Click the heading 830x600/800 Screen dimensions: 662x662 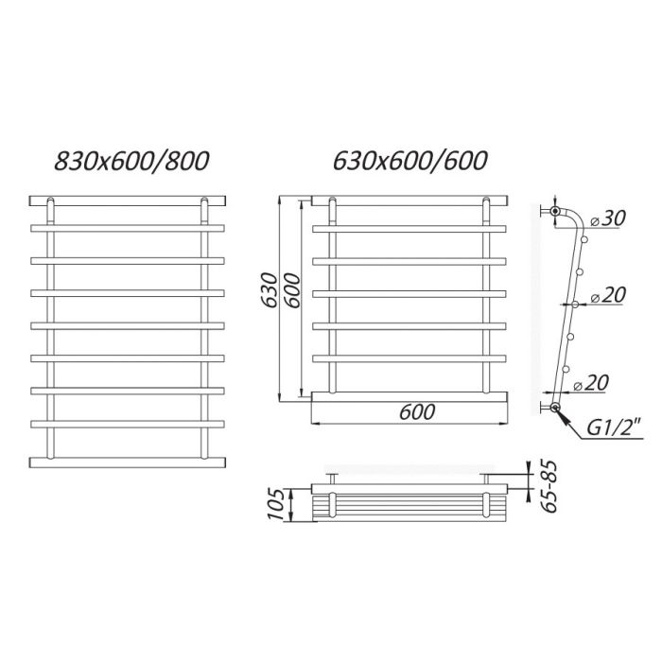131,161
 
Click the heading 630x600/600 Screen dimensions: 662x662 410,161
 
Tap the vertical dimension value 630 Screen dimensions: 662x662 269,291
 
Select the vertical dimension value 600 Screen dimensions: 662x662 291,291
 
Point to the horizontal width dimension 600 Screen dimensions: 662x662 417,411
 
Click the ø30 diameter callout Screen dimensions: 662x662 607,218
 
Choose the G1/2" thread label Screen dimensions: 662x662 615,429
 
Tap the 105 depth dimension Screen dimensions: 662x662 277,504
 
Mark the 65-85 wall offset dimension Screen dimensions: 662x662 549,486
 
